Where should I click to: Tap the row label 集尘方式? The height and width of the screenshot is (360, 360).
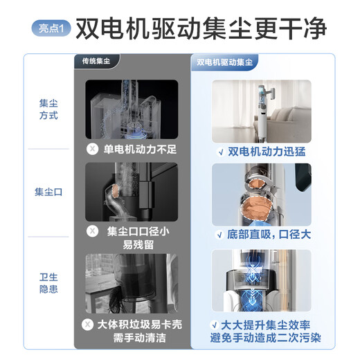pos(48,109)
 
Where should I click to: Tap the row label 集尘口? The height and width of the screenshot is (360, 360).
pos(48,192)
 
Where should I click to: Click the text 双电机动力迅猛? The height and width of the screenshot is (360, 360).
pos(267,151)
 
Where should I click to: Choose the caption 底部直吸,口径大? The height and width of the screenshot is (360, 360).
pos(267,235)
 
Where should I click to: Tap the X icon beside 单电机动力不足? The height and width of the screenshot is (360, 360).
pos(92,149)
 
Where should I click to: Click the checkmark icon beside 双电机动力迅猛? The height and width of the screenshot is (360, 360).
pos(219,151)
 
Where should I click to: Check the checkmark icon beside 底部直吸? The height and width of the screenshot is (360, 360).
pos(219,235)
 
